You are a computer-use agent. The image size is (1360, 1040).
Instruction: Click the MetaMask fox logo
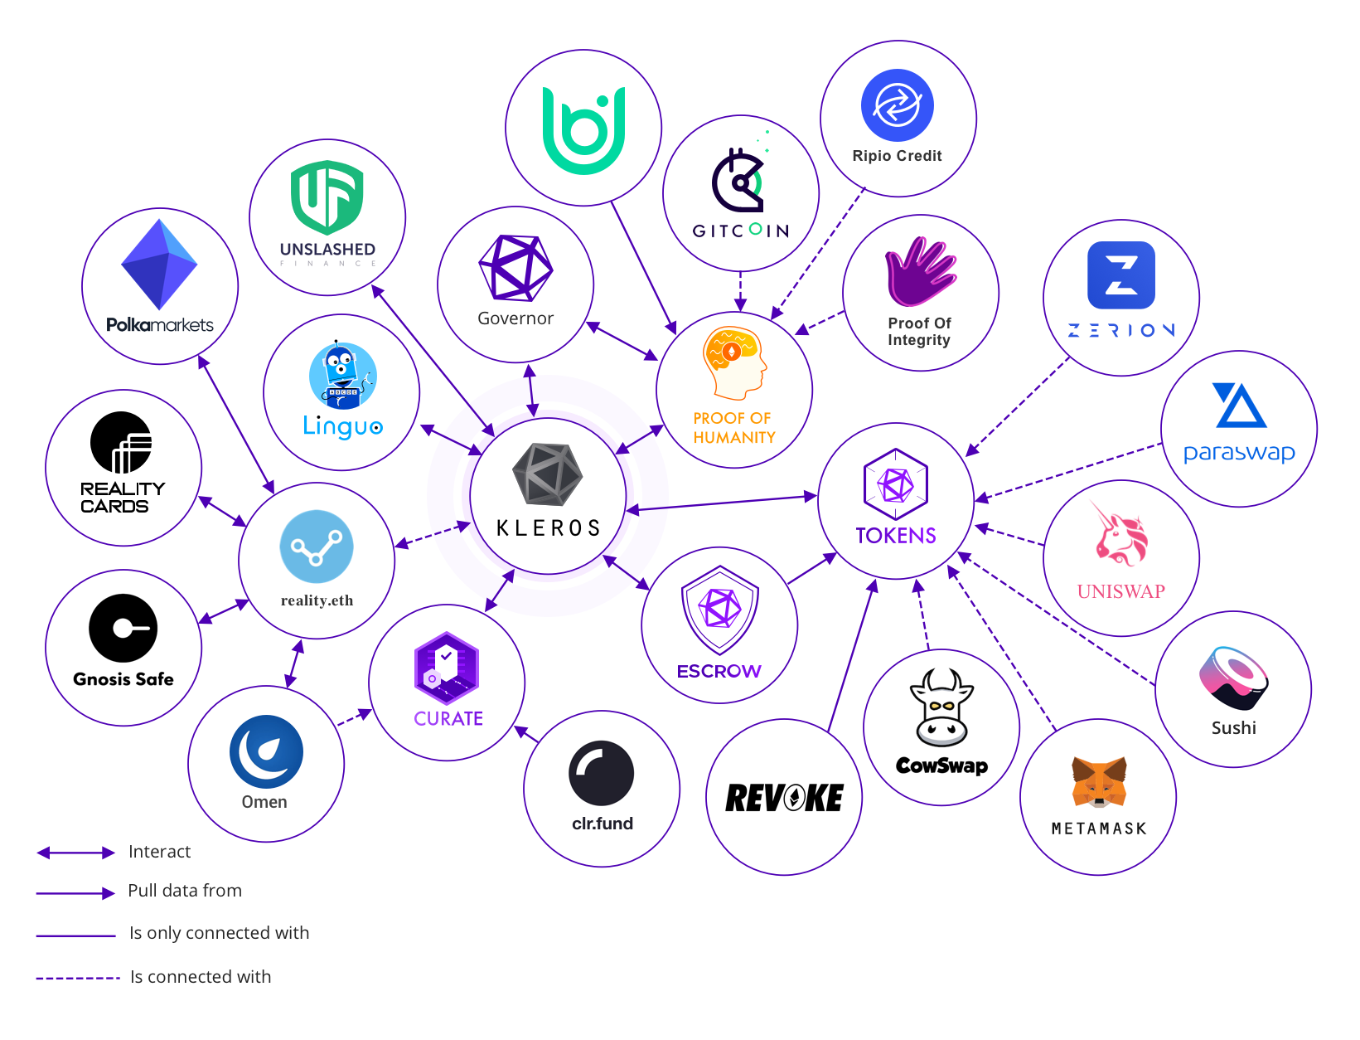[1099, 781]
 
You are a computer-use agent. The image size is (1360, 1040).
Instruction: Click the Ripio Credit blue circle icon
[898, 105]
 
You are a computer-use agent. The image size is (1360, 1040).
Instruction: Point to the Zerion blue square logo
[1120, 275]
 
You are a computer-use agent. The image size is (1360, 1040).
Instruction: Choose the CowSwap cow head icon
[941, 709]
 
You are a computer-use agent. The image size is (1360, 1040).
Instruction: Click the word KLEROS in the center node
[548, 528]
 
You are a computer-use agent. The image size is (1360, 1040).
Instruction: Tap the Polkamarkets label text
[160, 325]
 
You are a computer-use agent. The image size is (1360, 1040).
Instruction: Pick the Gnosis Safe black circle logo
[123, 628]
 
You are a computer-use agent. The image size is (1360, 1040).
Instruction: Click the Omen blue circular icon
[266, 751]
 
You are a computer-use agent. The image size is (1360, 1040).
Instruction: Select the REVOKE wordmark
[784, 798]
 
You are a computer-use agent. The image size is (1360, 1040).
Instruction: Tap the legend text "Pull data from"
[185, 891]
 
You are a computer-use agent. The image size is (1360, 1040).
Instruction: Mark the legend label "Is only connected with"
[219, 933]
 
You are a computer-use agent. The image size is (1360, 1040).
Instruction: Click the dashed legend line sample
[78, 979]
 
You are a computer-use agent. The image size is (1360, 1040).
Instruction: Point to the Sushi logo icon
[1233, 678]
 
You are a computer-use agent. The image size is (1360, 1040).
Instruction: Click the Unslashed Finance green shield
[327, 197]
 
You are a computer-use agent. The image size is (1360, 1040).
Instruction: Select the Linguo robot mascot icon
[342, 376]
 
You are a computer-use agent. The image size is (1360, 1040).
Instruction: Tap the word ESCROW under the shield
[719, 671]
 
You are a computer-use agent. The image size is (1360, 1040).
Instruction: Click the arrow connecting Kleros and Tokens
[722, 503]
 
